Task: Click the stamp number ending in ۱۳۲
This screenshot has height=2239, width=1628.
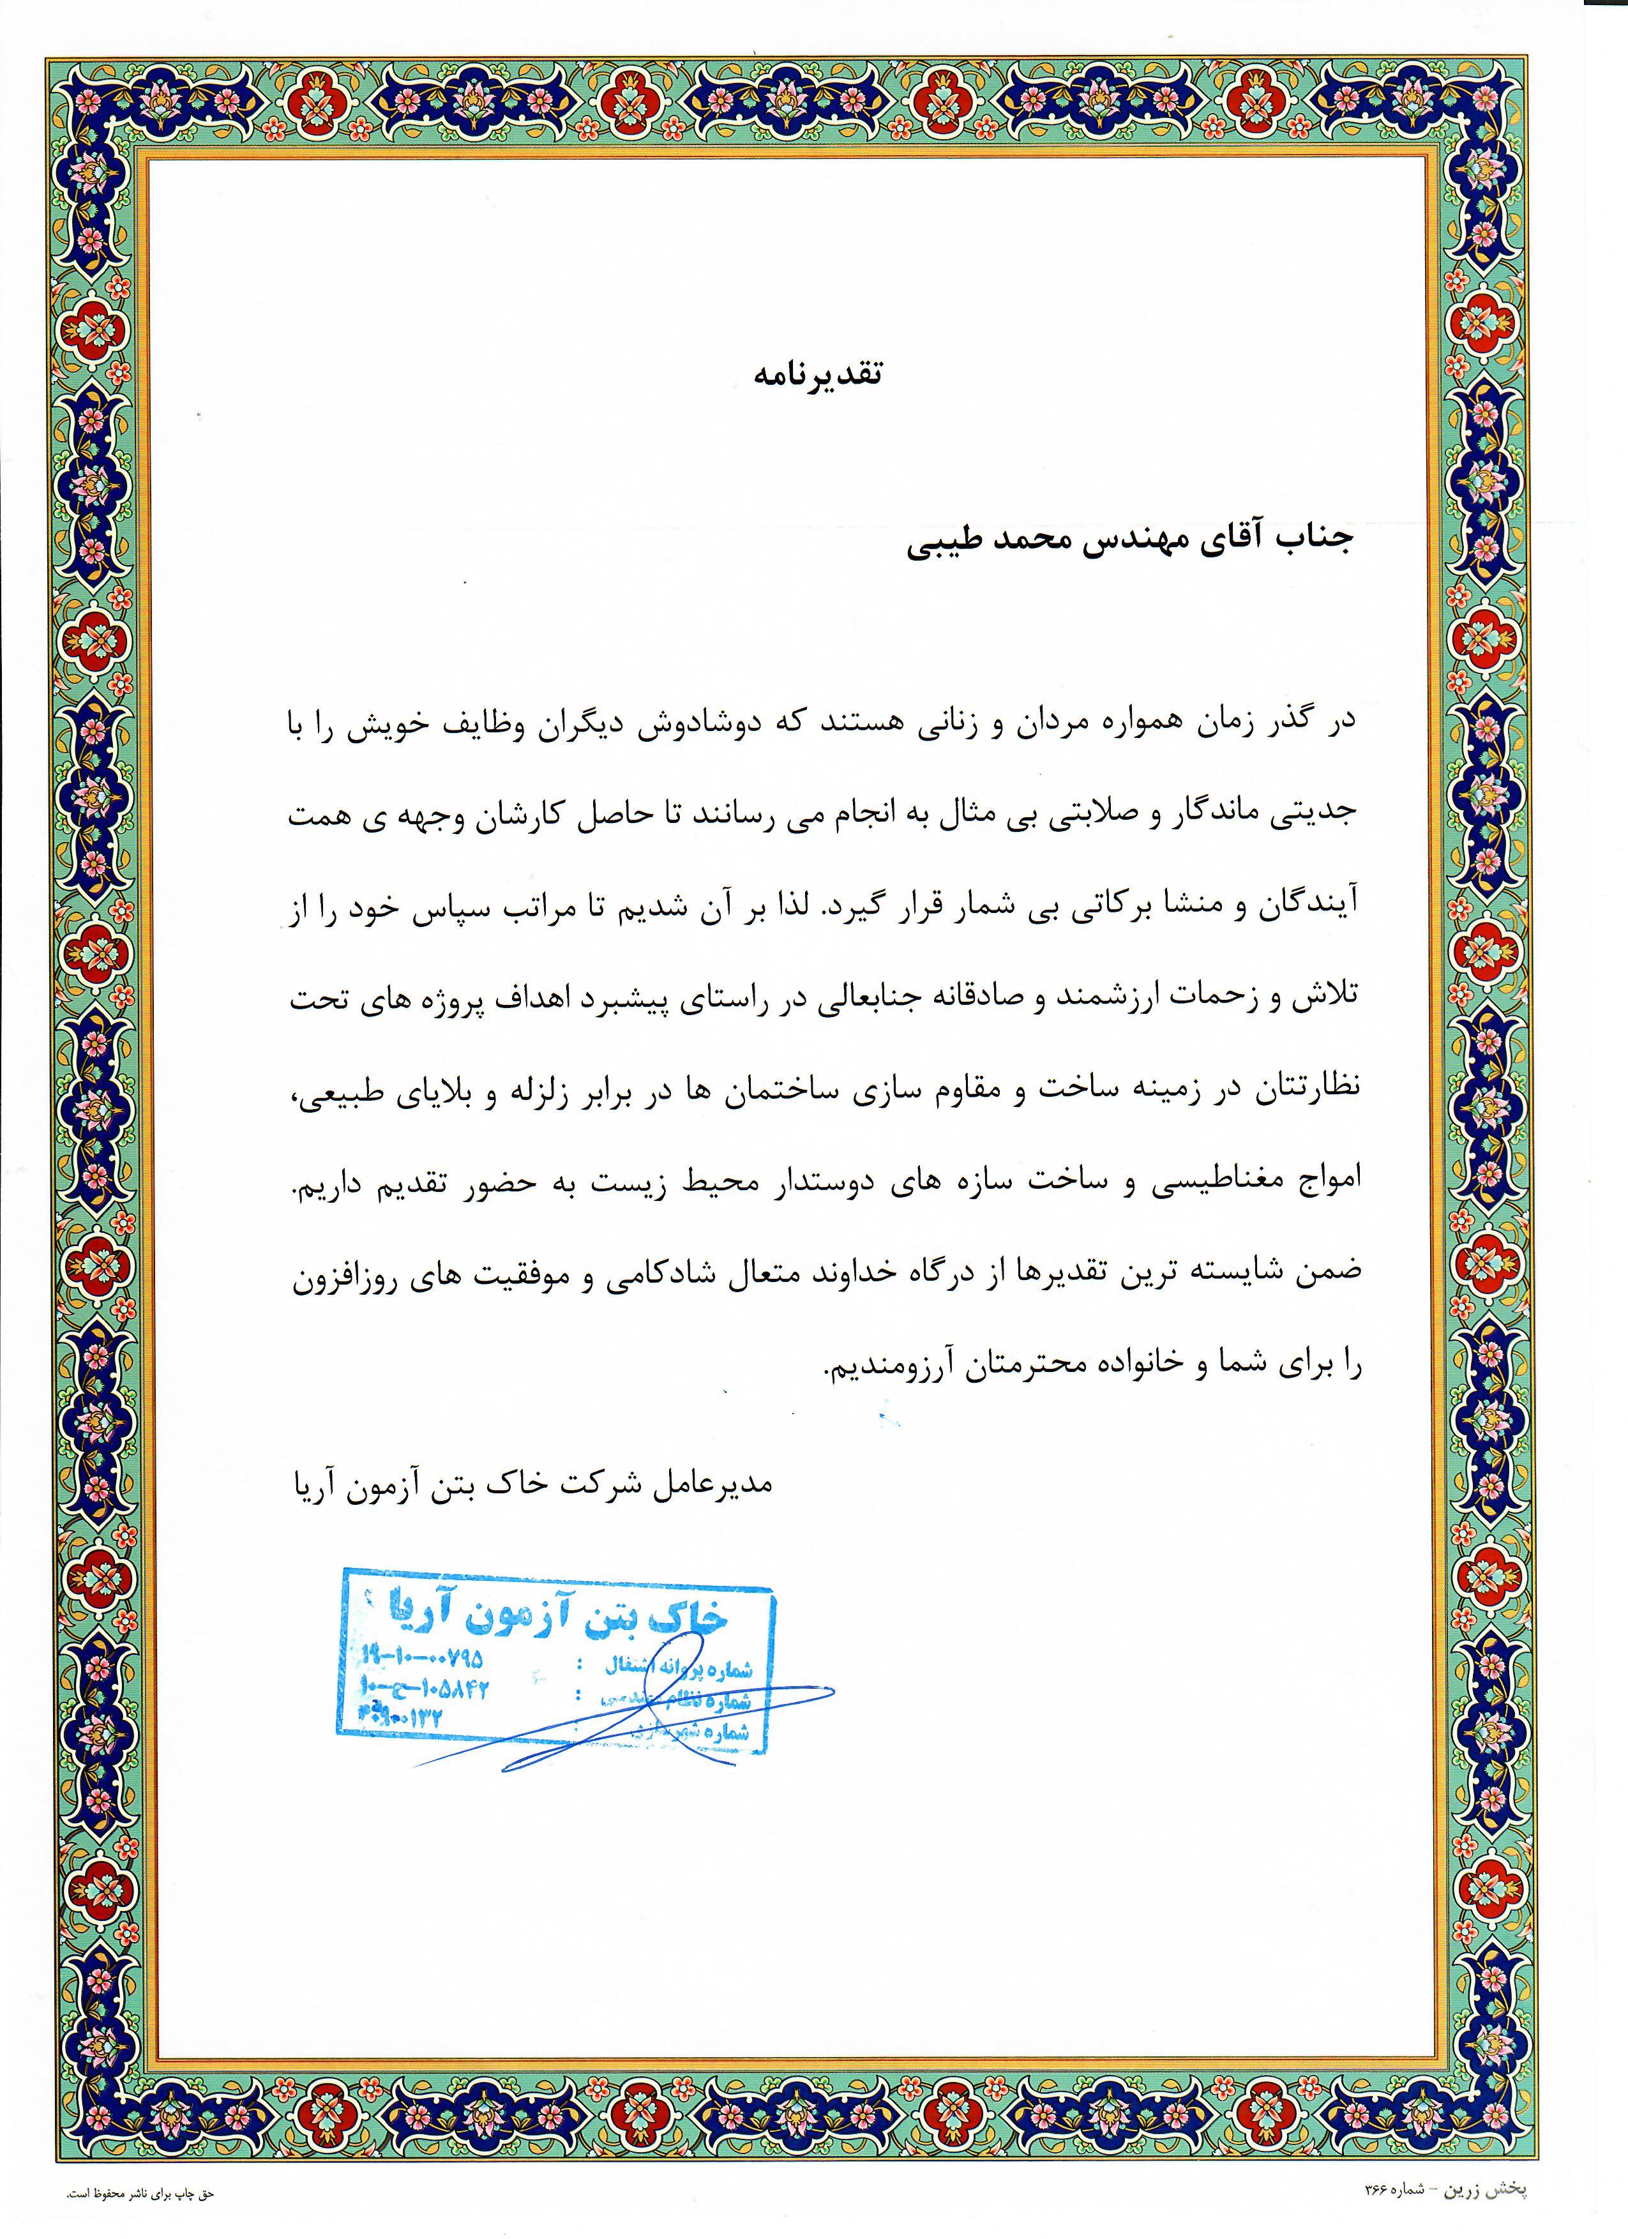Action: click(x=401, y=1715)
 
